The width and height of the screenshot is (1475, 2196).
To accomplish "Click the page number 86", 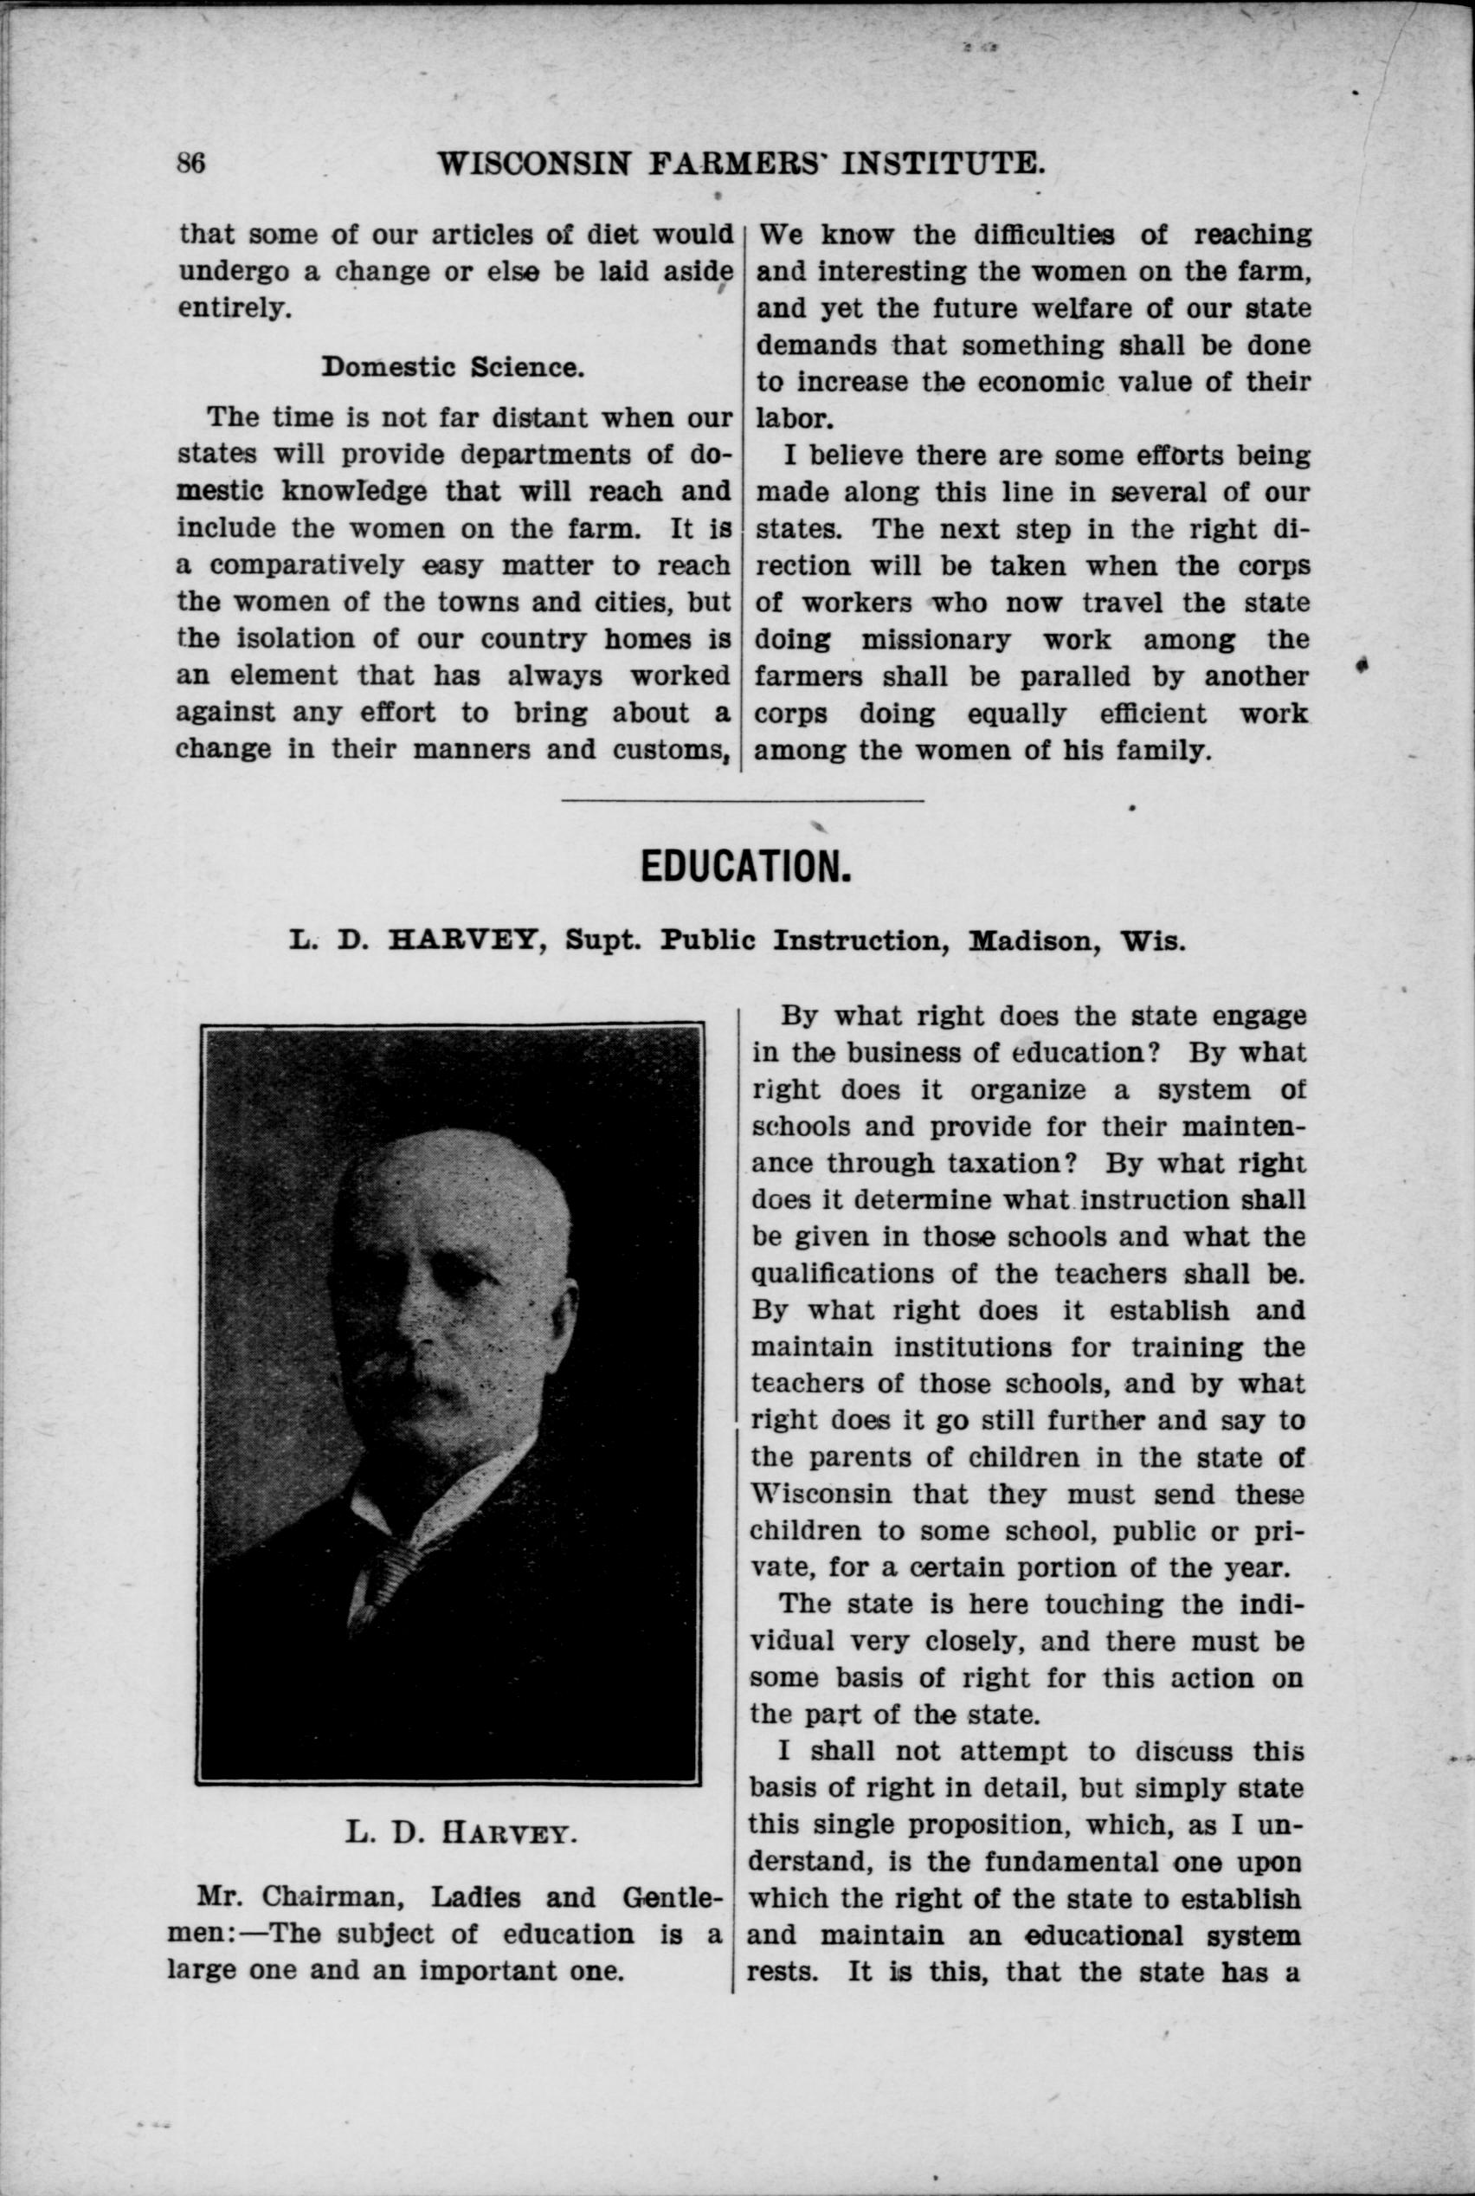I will pos(191,163).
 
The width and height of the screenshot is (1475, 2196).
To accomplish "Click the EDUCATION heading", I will pos(745,866).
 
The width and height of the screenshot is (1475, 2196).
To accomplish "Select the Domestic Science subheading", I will pos(454,366).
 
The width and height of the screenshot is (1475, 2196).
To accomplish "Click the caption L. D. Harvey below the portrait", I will pos(459,1832).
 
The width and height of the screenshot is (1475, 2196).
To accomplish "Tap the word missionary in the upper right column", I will pos(936,640).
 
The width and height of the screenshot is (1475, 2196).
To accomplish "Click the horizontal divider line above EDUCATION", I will pos(744,800).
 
